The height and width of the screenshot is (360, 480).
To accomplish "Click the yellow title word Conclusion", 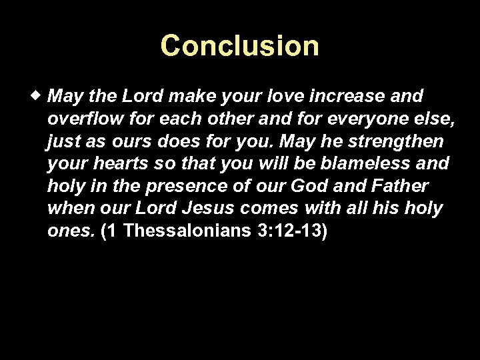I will coord(240,46).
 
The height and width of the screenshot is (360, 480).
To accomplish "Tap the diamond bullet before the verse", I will coord(41,96).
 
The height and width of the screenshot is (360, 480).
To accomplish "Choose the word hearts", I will coord(120,164).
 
